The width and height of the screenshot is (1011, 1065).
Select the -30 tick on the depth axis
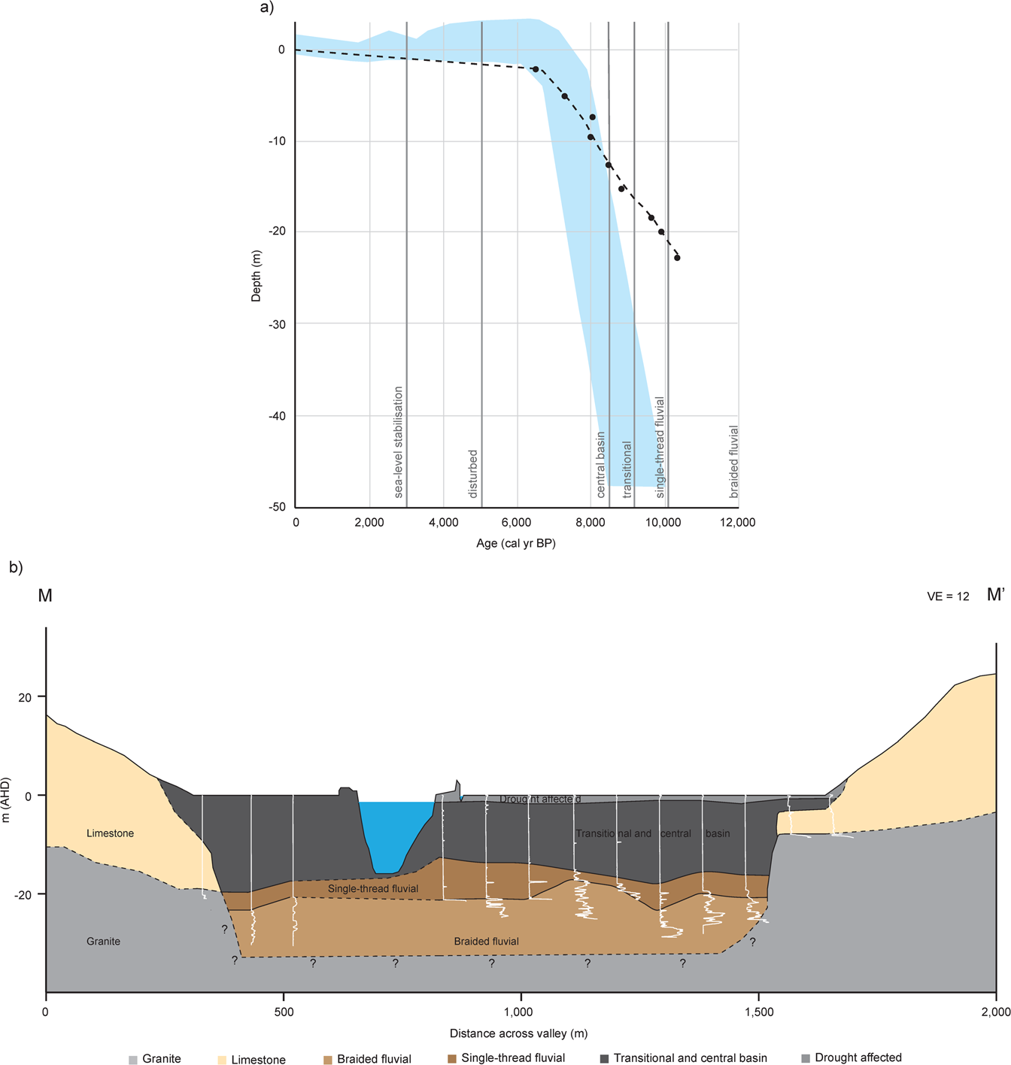(278, 324)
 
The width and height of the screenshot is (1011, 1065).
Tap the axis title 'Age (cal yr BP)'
(515, 543)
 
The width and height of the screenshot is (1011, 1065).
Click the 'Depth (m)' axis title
(257, 277)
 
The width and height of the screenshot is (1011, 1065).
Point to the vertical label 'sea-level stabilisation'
(399, 442)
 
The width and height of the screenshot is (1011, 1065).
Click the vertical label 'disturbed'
(473, 474)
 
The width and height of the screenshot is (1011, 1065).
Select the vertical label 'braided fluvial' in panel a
(734, 462)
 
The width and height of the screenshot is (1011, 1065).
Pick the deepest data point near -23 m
(677, 258)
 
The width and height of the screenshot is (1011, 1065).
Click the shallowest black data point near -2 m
(536, 69)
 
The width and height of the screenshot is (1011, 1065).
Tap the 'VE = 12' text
(948, 596)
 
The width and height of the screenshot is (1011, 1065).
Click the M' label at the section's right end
(995, 595)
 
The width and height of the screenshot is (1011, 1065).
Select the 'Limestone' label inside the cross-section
(110, 833)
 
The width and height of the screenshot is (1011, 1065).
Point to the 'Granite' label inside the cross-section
(103, 941)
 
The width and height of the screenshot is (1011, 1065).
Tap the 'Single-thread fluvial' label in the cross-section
(373, 889)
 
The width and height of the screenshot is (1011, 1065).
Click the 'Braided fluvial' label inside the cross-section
(486, 941)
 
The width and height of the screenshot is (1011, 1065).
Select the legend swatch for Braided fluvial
(327, 1060)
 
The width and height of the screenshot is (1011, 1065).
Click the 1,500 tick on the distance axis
(758, 1012)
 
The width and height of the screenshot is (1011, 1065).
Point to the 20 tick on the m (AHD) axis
(26, 697)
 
